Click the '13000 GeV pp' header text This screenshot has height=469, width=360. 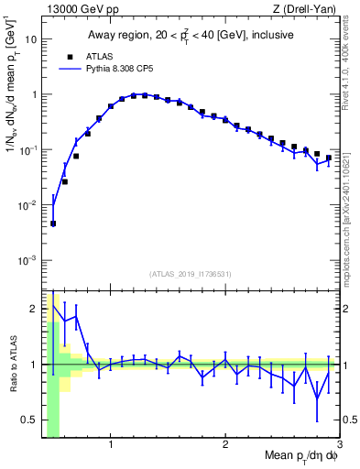(78, 10)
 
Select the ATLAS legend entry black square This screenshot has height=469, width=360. (66, 55)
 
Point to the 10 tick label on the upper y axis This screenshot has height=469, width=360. (31, 40)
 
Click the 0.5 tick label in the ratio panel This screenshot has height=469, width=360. (30, 420)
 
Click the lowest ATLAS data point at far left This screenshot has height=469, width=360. (53, 223)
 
